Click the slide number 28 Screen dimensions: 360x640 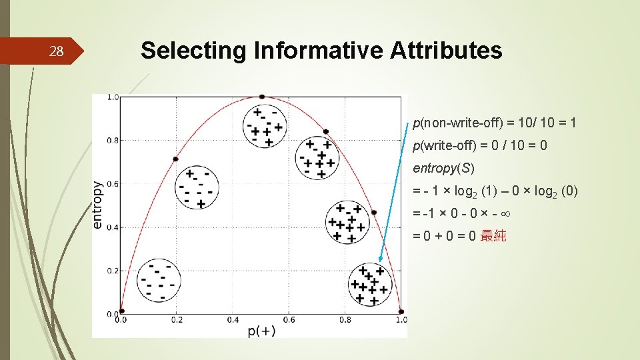(x=57, y=51)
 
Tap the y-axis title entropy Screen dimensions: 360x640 (x=97, y=205)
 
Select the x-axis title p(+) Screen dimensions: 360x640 (x=261, y=331)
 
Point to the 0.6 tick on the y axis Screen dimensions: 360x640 (x=113, y=184)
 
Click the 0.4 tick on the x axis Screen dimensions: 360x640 (x=233, y=320)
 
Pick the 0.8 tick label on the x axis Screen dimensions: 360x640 (x=344, y=320)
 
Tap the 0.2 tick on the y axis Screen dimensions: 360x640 (x=113, y=271)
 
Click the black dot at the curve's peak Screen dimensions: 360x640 (x=262, y=97)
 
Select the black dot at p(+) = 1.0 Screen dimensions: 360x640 (x=401, y=311)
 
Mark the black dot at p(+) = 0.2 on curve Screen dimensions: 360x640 (x=176, y=159)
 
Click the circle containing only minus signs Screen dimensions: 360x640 (x=159, y=281)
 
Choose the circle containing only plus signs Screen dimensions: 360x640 (x=369, y=283)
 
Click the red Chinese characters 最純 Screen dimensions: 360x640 (x=493, y=235)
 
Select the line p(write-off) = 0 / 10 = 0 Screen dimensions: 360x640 (x=480, y=145)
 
